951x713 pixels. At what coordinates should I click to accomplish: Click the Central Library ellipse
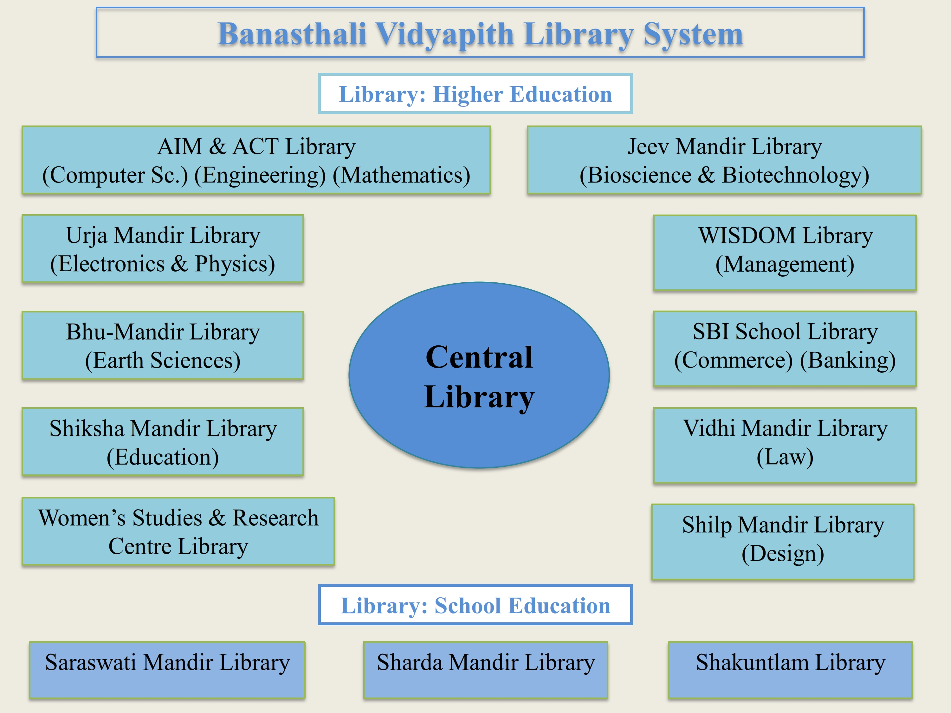(x=479, y=375)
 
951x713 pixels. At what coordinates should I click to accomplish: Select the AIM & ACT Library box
(x=256, y=160)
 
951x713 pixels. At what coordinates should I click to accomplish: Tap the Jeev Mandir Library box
(x=724, y=160)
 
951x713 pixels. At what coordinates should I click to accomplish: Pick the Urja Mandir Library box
(x=163, y=249)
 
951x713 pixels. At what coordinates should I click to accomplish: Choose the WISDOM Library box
(x=785, y=253)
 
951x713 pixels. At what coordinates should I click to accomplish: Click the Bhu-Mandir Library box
(x=163, y=345)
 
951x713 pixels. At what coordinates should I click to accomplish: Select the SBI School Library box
(x=785, y=349)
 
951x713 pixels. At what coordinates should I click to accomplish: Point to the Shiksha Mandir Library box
(x=163, y=442)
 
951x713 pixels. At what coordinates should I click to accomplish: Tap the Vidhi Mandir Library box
(x=785, y=445)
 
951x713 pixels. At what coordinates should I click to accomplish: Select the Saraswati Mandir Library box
(x=167, y=670)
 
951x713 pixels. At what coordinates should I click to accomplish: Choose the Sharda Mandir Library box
(x=486, y=670)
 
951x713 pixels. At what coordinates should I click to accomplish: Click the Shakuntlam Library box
(x=791, y=670)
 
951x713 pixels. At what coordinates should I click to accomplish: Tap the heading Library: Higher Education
(x=475, y=94)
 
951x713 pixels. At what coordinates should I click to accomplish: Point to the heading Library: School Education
(x=475, y=605)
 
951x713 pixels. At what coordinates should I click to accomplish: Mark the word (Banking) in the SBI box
(x=848, y=360)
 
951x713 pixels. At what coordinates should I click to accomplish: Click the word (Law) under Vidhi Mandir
(x=785, y=457)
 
